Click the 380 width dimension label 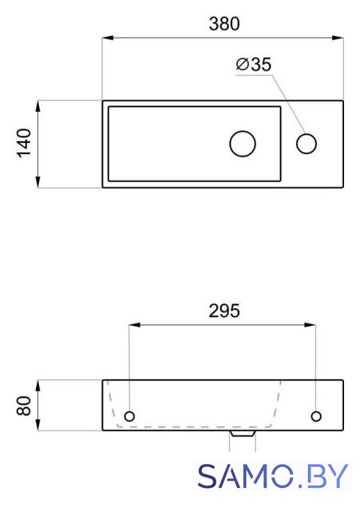224,24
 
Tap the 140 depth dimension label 24,144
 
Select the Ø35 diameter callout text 254,64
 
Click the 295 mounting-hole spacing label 224,311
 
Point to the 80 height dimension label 24,406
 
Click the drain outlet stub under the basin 243,434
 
